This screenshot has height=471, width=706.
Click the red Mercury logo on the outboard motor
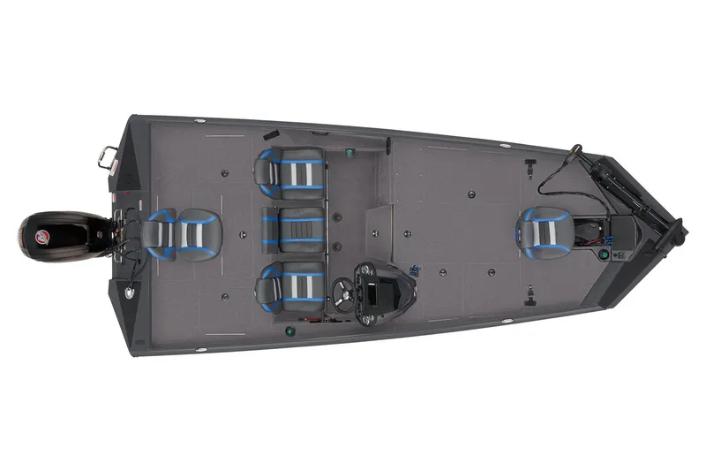41,236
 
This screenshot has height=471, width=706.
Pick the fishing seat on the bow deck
542,232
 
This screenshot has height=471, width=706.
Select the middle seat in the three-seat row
294,230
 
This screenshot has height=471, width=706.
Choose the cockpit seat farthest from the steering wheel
290,171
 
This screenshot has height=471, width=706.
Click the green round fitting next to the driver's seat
289,332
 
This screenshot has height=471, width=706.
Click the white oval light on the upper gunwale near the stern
200,120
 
